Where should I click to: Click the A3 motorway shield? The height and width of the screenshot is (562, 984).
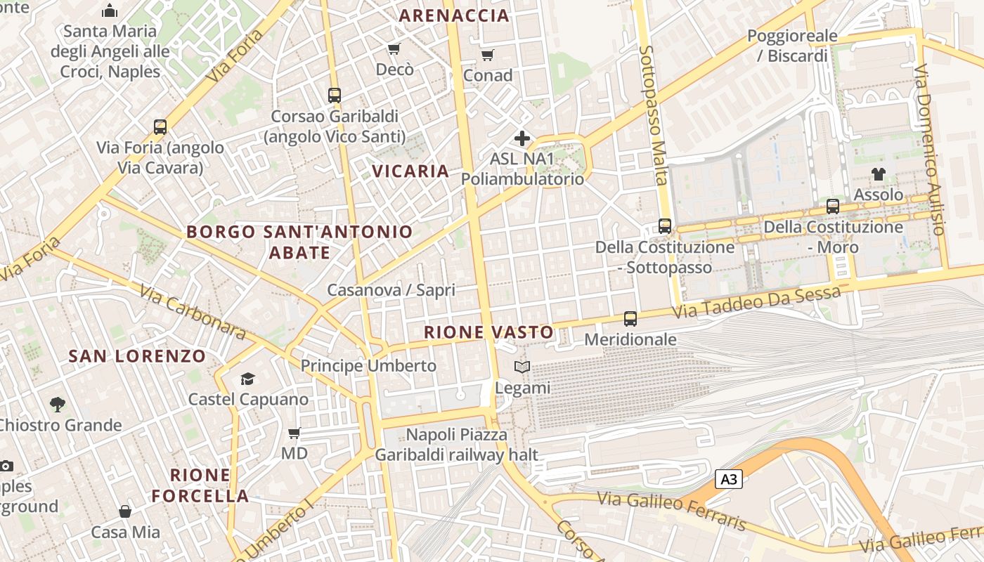(x=729, y=480)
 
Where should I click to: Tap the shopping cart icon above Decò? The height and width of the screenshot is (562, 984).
(x=394, y=48)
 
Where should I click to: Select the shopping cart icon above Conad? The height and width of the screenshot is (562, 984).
(x=487, y=54)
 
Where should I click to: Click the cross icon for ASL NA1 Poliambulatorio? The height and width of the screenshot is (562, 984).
(x=522, y=138)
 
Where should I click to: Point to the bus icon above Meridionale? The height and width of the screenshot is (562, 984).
(x=630, y=318)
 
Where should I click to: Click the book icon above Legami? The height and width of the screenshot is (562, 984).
(x=522, y=367)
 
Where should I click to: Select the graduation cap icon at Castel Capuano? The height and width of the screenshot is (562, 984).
(x=247, y=379)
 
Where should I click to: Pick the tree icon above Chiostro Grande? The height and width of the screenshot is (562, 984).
(x=58, y=405)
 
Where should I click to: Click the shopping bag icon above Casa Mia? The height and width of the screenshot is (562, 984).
(x=125, y=511)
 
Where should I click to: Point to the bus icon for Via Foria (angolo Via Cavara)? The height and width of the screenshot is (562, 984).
(x=160, y=127)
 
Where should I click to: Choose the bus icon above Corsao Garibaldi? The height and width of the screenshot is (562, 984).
(x=335, y=95)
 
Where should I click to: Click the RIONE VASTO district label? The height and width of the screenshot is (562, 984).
(x=488, y=332)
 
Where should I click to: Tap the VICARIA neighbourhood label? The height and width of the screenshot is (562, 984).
(x=410, y=171)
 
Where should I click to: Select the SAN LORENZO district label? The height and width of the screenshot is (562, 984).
(x=137, y=355)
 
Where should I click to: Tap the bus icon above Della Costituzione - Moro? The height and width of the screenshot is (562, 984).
(x=833, y=207)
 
